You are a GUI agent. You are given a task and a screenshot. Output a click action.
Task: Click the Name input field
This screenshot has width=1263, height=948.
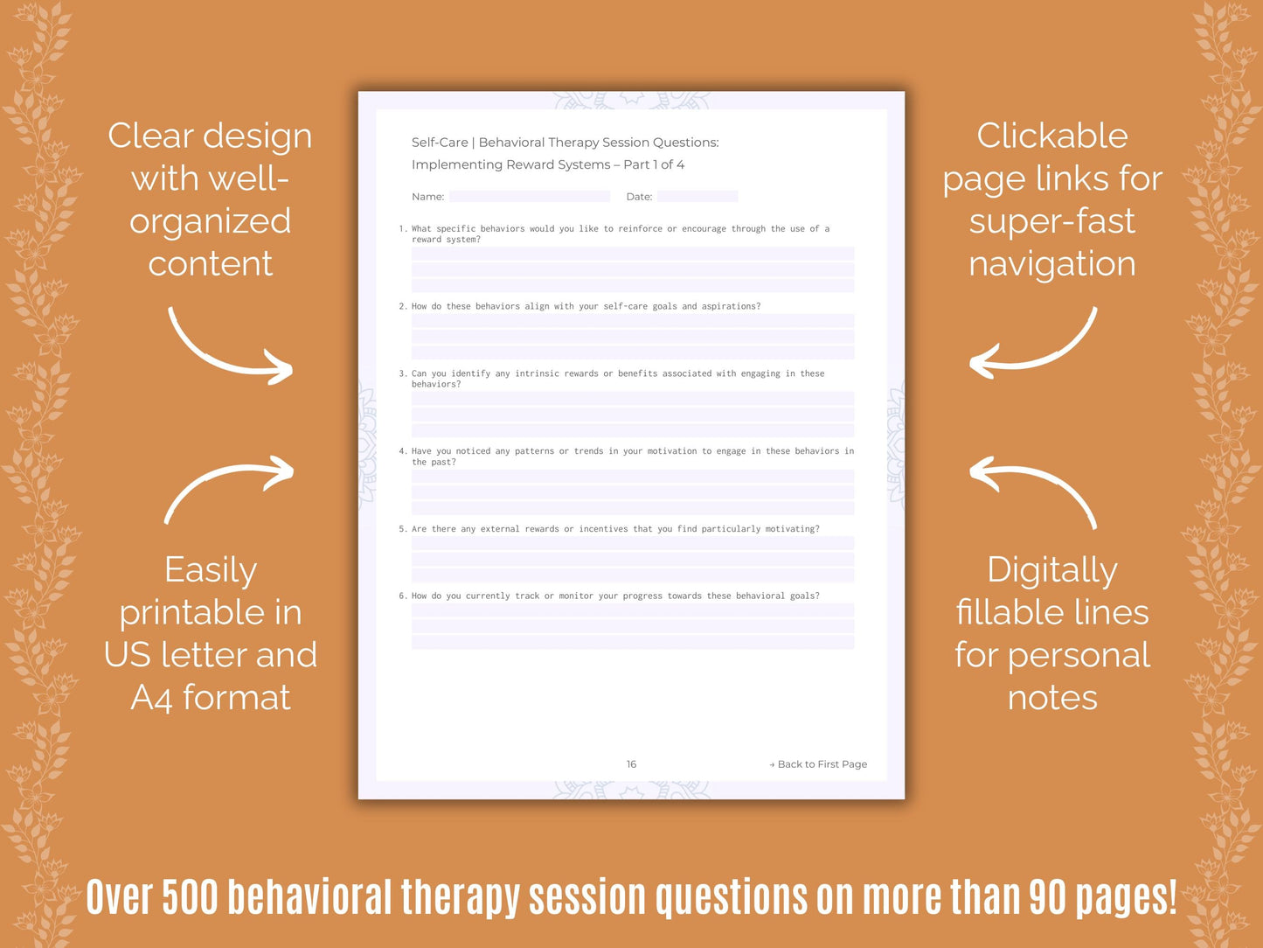point(530,197)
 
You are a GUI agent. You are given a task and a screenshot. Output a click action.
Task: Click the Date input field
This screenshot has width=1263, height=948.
point(697,197)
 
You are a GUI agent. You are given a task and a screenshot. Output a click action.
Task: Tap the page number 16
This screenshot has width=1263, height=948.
point(631,764)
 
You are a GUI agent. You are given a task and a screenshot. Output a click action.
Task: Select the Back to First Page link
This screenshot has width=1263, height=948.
point(819,764)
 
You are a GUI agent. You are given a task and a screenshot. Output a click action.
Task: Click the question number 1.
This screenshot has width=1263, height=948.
point(402,229)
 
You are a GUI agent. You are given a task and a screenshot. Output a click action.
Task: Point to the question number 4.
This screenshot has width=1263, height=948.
point(402,451)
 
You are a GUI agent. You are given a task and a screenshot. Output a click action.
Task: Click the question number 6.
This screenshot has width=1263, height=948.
point(402,596)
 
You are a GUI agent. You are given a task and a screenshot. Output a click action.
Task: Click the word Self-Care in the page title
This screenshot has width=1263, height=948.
point(440,143)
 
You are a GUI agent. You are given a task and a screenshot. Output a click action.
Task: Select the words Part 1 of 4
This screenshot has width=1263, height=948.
point(654,164)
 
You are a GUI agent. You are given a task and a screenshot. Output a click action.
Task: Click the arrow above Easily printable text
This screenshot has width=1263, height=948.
point(229,488)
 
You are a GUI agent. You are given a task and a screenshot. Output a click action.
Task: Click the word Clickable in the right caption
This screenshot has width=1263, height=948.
point(1052,136)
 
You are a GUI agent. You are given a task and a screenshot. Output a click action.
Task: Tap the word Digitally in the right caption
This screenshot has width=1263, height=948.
point(1052,570)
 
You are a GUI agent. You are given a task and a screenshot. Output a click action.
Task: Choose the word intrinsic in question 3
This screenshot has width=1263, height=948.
point(537,373)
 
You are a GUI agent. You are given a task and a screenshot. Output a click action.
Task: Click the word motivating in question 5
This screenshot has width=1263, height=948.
point(792,529)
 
